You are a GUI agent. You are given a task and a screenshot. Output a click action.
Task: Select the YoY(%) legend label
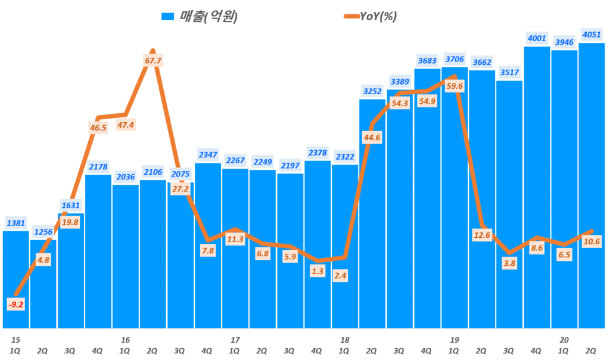378,17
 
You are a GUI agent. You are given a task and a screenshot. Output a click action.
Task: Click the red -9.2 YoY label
16,304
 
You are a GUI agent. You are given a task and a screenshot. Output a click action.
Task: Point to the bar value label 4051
592,33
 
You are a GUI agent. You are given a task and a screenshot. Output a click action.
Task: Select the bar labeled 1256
43,283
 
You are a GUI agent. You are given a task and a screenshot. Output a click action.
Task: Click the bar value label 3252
372,91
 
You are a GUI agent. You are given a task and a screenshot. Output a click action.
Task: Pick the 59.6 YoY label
455,86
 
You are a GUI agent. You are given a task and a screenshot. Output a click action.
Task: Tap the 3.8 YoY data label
509,263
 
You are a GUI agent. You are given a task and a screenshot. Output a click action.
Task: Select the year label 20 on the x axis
564,339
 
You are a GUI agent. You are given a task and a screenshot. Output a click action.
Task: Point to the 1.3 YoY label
318,272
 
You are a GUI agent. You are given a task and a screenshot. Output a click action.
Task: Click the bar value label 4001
537,38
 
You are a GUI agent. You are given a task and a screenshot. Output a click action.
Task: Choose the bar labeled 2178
98,250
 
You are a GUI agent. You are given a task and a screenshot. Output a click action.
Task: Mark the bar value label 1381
16,222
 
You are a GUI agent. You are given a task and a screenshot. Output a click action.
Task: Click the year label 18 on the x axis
344,339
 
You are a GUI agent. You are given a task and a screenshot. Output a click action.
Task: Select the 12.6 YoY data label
482,235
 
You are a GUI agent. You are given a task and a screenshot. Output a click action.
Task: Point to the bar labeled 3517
509,203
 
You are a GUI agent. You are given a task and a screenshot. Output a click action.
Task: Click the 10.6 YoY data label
592,241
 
